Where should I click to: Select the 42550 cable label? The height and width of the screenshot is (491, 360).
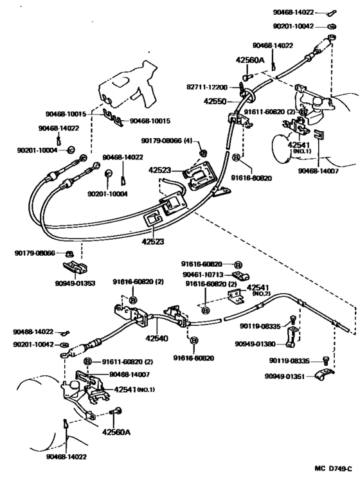point(217,102)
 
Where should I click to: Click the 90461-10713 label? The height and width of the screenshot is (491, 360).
point(201,273)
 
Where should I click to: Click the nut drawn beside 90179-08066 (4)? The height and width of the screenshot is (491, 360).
point(203,153)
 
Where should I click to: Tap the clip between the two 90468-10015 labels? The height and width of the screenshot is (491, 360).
point(114,118)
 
